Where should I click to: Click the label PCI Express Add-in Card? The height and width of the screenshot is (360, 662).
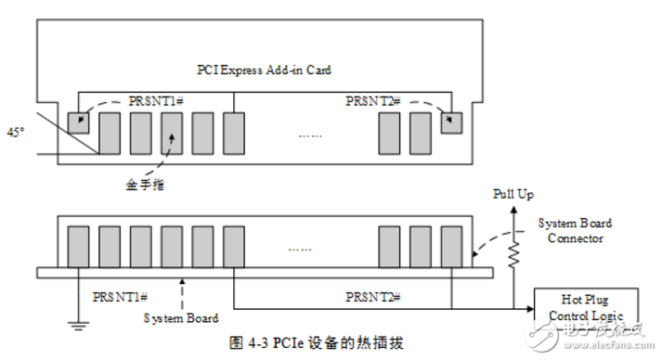265,70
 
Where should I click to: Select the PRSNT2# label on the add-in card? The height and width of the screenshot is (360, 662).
373,100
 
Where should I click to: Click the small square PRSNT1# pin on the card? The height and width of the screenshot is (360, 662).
78,123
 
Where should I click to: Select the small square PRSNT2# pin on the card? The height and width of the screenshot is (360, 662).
451,123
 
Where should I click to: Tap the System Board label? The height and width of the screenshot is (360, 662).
182,318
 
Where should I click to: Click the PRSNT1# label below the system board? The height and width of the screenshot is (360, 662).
120,297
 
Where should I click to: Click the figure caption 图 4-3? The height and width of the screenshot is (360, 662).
317,341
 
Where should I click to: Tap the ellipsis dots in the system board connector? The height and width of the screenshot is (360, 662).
302,249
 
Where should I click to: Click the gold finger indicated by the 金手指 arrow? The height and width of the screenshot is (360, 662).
172,133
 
